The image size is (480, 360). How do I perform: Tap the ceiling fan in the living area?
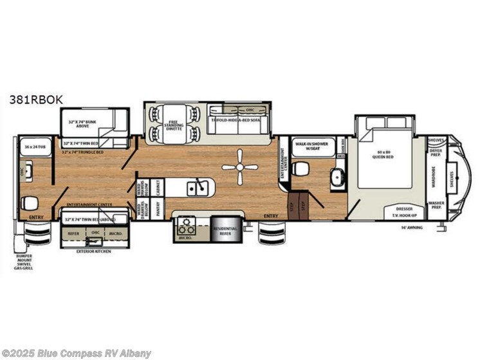click(240, 167)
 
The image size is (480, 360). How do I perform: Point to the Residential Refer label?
click(225, 231)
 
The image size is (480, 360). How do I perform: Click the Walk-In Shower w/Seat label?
click(313, 147)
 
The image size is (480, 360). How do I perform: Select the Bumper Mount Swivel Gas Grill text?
click(24, 262)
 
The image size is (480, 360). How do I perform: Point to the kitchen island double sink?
click(197, 188)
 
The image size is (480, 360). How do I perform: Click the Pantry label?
click(156, 210)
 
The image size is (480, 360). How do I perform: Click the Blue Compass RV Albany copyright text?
click(77, 353)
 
